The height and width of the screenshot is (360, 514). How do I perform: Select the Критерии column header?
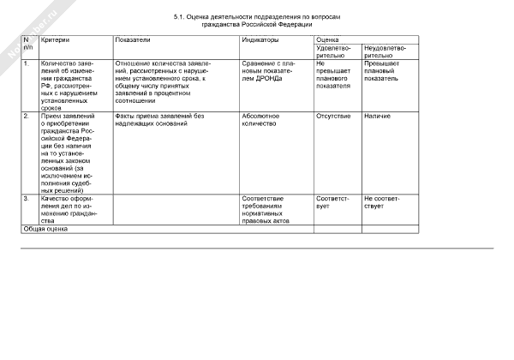tap(54, 40)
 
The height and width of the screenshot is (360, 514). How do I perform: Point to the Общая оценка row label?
tap(45, 229)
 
